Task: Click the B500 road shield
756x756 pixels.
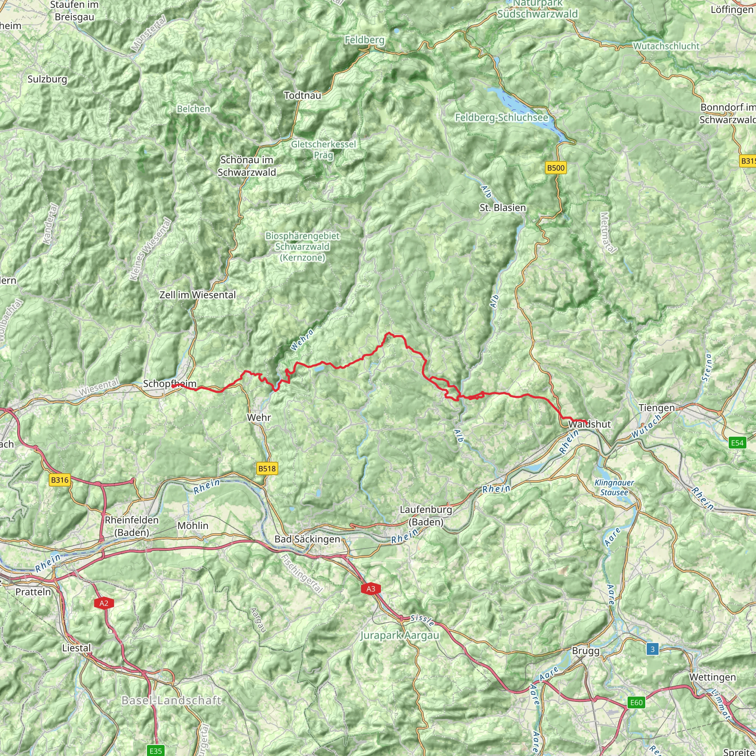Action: coord(556,168)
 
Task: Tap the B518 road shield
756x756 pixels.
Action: coord(267,468)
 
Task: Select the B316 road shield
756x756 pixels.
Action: coord(60,480)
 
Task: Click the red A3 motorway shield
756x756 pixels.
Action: coord(371,588)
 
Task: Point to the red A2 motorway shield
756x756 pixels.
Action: coord(104,603)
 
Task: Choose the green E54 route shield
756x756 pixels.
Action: coord(737,443)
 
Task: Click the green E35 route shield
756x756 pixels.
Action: coord(156,750)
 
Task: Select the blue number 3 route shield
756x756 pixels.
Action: coord(652,649)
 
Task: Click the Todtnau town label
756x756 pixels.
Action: coord(302,95)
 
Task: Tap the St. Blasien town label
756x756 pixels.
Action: coord(502,207)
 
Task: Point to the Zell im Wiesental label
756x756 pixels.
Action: coord(197,295)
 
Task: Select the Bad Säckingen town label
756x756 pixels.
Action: coord(307,539)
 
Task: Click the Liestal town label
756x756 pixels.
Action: coord(76,647)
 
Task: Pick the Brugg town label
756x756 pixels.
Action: coord(585,650)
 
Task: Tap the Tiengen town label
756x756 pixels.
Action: coord(657,408)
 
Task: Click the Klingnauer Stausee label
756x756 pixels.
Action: coord(614,488)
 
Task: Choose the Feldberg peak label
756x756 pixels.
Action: coord(364,40)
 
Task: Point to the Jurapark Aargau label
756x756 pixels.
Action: coord(399,635)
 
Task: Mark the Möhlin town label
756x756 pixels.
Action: coord(193,526)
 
